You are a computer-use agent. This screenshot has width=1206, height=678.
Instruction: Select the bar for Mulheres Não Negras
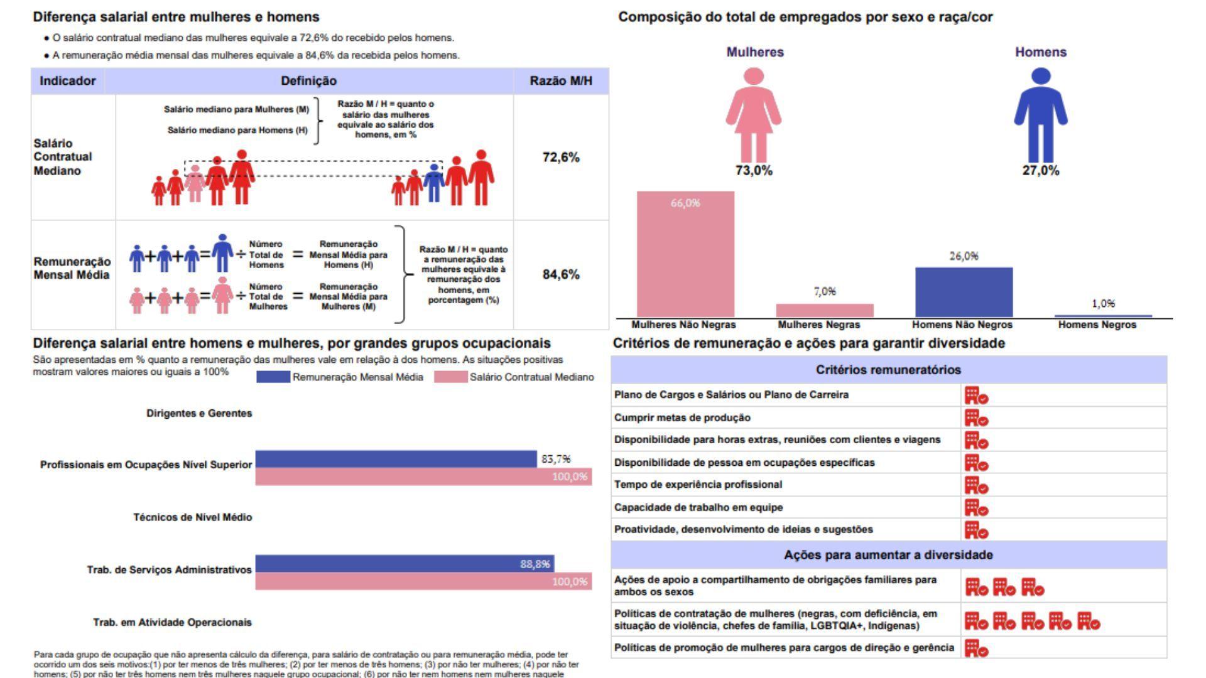click(685, 254)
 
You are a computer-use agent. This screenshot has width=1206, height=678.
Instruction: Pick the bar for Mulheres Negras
click(824, 310)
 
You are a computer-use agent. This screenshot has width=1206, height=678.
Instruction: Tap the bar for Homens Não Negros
click(964, 292)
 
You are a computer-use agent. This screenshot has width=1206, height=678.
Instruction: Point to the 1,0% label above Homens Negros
click(1103, 304)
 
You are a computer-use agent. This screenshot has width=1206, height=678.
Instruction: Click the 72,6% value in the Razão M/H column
click(561, 158)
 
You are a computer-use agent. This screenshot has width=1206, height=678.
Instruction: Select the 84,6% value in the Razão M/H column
click(561, 274)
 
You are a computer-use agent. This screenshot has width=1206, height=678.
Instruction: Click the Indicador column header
click(68, 81)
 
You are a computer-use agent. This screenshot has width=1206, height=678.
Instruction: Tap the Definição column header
click(308, 81)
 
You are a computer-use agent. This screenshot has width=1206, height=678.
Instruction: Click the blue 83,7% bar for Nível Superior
click(396, 460)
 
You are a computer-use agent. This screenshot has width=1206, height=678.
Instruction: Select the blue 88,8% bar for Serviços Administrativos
click(405, 564)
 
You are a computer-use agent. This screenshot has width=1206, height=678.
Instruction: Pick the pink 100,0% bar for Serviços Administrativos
click(423, 581)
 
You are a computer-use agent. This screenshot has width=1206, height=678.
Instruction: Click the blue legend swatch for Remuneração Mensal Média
click(273, 377)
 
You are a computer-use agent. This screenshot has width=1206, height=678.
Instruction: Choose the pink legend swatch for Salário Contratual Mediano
click(450, 377)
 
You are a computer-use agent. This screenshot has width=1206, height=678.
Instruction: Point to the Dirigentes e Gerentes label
click(199, 413)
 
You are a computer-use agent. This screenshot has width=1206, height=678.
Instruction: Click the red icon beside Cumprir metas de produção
click(976, 418)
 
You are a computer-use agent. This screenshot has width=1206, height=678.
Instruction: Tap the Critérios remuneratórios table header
click(888, 370)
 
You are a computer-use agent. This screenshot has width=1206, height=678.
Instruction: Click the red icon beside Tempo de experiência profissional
click(976, 485)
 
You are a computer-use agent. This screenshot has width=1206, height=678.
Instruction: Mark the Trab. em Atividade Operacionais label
click(172, 622)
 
